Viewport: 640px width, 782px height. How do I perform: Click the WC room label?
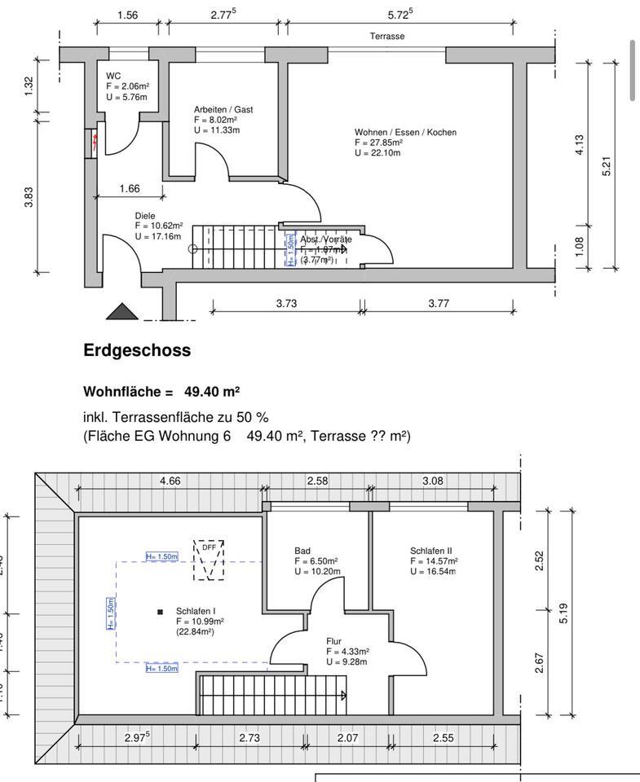point(113,76)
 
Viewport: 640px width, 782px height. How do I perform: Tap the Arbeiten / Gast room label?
point(223,109)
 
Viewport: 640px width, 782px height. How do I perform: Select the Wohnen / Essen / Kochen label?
point(405,132)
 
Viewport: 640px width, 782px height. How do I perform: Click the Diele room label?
point(145,216)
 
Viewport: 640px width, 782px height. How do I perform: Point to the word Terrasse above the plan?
point(387,37)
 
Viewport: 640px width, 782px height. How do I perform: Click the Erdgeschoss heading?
point(137,350)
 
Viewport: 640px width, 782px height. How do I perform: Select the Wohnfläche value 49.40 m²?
point(211,392)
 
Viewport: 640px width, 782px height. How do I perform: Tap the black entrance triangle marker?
point(119,311)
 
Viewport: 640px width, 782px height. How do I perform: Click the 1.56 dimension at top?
point(127,15)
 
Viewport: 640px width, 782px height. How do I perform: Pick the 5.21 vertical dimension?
point(605,165)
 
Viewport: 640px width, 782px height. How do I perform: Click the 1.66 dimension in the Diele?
point(129,188)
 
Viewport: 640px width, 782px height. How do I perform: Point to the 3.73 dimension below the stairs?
point(285,303)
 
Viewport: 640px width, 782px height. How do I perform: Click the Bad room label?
point(302,551)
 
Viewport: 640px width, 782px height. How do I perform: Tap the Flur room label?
point(335,642)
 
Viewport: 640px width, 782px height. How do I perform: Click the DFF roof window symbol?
point(209,560)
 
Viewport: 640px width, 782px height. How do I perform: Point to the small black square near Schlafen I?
point(160,611)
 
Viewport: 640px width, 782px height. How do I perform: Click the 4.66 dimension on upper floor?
point(170,481)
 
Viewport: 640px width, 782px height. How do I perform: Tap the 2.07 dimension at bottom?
point(348,737)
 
